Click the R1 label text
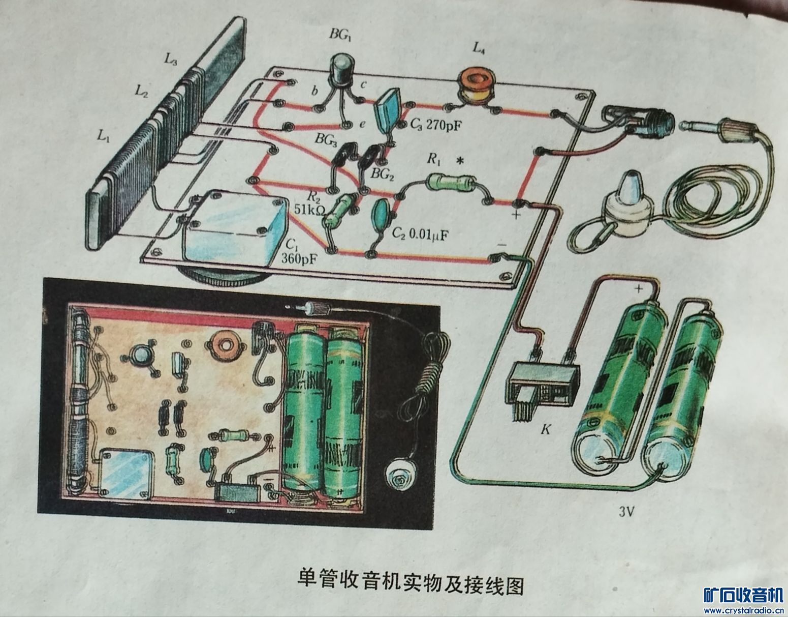click(433, 159)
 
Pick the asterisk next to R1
click(461, 162)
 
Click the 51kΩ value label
click(307, 209)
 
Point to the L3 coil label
click(170, 59)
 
